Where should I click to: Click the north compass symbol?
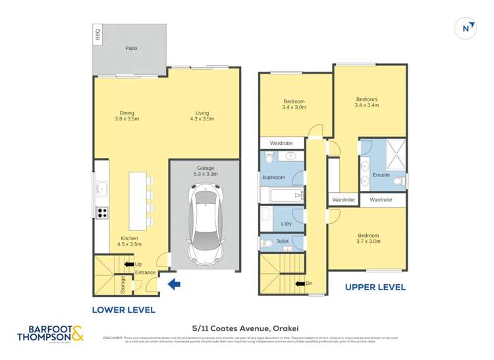coord(466,28)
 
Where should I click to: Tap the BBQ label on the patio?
coord(98,34)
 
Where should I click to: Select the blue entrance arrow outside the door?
coord(174,284)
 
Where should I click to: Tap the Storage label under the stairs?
coord(123,284)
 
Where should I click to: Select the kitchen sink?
coord(101,189)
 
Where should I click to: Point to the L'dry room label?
coord(287,224)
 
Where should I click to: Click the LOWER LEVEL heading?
coord(123,309)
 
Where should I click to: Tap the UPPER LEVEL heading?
coord(375,287)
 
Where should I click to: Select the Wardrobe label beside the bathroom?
coord(281,143)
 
